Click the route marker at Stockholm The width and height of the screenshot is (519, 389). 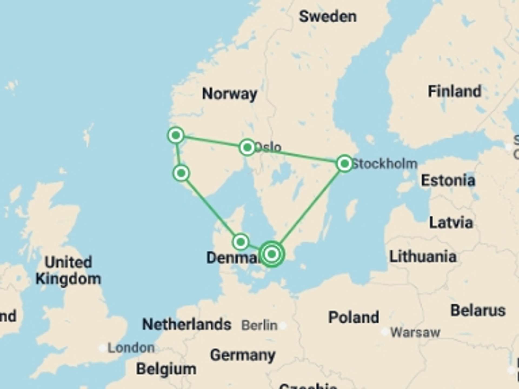[x=344, y=163]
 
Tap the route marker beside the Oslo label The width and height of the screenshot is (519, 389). [x=247, y=147]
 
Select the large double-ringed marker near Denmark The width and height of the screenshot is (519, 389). [x=272, y=254]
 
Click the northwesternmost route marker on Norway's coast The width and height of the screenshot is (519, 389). [x=176, y=135]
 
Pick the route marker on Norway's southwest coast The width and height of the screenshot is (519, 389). [x=181, y=173]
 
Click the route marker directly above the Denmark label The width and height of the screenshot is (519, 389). [x=241, y=242]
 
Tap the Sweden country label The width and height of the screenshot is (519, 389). [x=328, y=17]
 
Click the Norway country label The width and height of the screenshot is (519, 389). [x=230, y=94]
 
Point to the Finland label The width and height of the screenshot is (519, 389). [x=454, y=91]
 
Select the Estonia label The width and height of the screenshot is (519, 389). [x=448, y=180]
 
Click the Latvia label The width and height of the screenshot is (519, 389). [x=451, y=223]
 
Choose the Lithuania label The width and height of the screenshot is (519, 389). [x=423, y=257]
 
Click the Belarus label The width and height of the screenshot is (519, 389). [x=478, y=310]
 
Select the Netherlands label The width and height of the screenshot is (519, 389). [x=187, y=324]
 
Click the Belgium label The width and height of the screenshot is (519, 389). [x=166, y=369]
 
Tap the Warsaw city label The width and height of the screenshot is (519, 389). [x=415, y=332]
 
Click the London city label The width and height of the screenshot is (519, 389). [x=131, y=348]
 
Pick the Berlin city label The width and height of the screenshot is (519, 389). [x=259, y=325]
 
